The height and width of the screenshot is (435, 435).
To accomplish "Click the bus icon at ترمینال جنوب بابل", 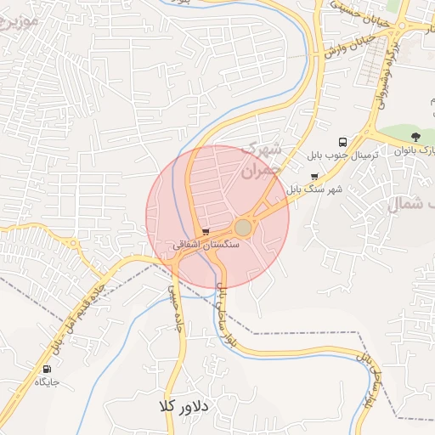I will tap(342, 142).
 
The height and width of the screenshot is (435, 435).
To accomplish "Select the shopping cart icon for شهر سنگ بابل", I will tap(314, 177).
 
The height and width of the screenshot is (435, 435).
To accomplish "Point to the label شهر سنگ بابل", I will tap(314, 189).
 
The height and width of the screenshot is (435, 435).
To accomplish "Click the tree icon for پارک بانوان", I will tap(415, 136).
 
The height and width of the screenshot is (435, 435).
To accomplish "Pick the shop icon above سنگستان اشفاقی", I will tap(206, 231).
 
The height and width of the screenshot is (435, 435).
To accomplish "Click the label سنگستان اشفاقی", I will tap(206, 244).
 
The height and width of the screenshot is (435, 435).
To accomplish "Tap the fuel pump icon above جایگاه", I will tap(46, 369).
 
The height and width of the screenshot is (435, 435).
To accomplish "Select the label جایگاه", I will tap(46, 382).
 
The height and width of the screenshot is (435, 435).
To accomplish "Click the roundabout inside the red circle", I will tap(243, 227).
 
